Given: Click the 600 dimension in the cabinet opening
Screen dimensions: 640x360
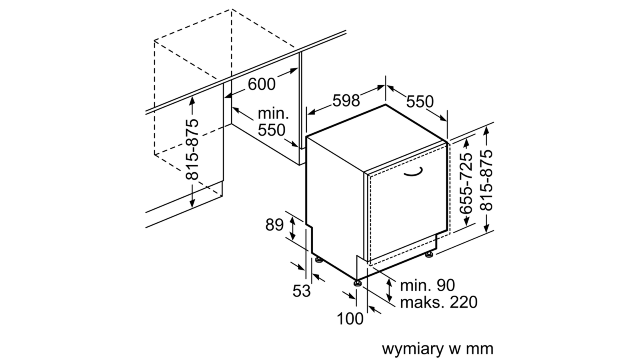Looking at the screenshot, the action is click(262, 84).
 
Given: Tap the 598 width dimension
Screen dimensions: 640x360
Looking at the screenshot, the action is click(346, 100).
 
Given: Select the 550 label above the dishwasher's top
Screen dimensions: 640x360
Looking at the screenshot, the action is click(420, 102).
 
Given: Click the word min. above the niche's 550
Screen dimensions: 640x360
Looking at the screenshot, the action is click(273, 114).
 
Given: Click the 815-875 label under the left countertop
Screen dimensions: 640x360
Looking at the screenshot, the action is click(192, 149).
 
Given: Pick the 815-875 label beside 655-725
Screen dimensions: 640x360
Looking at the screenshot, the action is click(486, 180).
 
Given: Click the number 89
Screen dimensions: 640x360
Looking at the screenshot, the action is click(274, 225).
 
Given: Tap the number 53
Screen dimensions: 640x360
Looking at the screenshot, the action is click(302, 291).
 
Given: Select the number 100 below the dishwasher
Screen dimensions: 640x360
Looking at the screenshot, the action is click(350, 318).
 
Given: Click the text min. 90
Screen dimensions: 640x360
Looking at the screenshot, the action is click(428, 285).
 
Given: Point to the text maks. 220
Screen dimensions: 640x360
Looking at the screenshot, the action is click(438, 302).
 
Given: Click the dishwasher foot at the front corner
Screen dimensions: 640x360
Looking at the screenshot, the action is click(357, 283).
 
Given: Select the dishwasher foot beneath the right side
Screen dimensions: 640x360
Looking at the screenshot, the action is click(429, 254).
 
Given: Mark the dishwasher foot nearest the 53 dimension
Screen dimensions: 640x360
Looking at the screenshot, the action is click(319, 260).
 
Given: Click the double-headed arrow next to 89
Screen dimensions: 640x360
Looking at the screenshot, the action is click(292, 228).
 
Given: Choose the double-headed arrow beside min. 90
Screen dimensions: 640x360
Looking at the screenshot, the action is click(389, 290).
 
